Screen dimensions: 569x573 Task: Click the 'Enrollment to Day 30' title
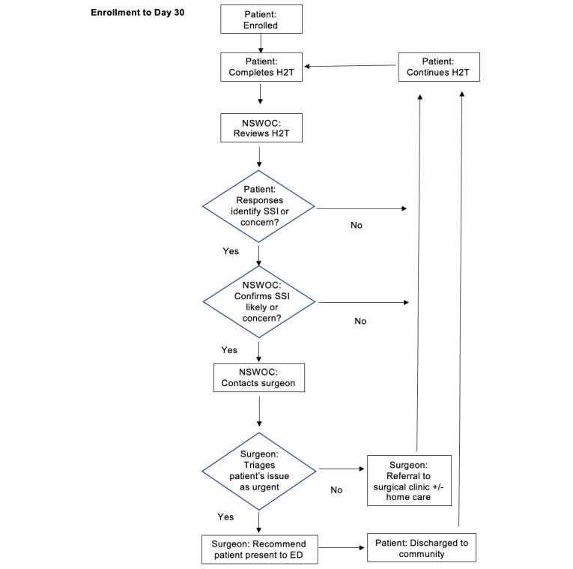[137, 13]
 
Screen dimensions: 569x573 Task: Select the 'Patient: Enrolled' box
[261, 19]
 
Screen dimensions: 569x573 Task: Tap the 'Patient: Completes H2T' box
[261, 67]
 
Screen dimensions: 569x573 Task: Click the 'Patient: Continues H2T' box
[438, 67]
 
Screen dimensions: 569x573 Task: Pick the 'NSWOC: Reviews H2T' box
[261, 128]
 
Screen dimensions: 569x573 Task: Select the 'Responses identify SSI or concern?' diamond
[259, 206]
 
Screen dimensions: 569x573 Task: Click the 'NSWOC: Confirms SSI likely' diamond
[259, 301]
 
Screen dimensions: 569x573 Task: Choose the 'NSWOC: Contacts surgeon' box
[258, 377]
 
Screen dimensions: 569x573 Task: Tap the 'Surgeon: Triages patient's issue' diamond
[259, 470]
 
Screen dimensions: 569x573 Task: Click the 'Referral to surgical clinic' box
[409, 480]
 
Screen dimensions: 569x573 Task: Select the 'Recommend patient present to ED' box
[258, 548]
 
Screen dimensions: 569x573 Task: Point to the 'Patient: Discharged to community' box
[422, 548]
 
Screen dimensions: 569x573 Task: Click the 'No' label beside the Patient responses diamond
[357, 225]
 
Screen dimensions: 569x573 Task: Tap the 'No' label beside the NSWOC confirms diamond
[360, 321]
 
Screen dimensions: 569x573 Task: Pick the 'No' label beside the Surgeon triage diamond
[336, 490]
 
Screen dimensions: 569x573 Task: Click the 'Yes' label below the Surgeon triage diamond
[225, 517]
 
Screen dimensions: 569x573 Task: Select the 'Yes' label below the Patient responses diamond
[231, 251]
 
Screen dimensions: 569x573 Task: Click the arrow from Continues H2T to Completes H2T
[351, 66]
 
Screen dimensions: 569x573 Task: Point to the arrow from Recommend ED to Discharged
[341, 548]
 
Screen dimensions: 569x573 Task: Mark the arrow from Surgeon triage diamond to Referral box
[342, 470]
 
